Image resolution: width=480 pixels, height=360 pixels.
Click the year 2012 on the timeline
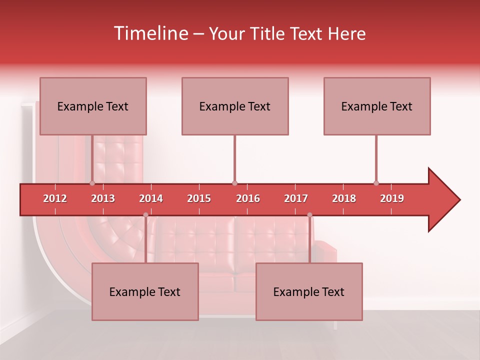[x=55, y=198]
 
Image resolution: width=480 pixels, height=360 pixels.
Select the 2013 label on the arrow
[x=103, y=198]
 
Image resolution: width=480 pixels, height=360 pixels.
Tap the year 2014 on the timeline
[x=151, y=198]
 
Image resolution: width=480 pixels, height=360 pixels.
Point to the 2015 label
[x=199, y=198]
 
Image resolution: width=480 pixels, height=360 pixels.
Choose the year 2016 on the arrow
[x=248, y=198]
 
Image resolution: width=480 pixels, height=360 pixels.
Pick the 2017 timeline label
[x=296, y=198]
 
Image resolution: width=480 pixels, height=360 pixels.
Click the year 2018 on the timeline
[x=344, y=198]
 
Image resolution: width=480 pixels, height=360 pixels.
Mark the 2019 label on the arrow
[x=392, y=198]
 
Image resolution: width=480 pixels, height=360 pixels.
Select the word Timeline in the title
[x=150, y=33]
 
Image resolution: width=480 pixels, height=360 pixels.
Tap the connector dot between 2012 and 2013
[x=92, y=183]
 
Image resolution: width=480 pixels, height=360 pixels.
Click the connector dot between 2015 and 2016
[x=234, y=183]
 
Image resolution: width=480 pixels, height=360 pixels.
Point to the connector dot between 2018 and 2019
[x=376, y=183]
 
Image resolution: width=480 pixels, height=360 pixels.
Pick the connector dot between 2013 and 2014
[x=145, y=215]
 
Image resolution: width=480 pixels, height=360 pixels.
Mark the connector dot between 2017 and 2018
[x=309, y=215]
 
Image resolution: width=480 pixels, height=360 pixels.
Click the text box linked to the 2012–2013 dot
[x=93, y=106]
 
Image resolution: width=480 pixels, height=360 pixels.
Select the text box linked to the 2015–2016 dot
[x=235, y=106]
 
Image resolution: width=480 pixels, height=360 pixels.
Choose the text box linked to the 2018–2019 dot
[x=377, y=106]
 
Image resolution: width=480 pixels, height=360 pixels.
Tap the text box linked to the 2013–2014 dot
[x=145, y=291]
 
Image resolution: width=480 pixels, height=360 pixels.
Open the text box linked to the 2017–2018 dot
[x=309, y=291]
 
